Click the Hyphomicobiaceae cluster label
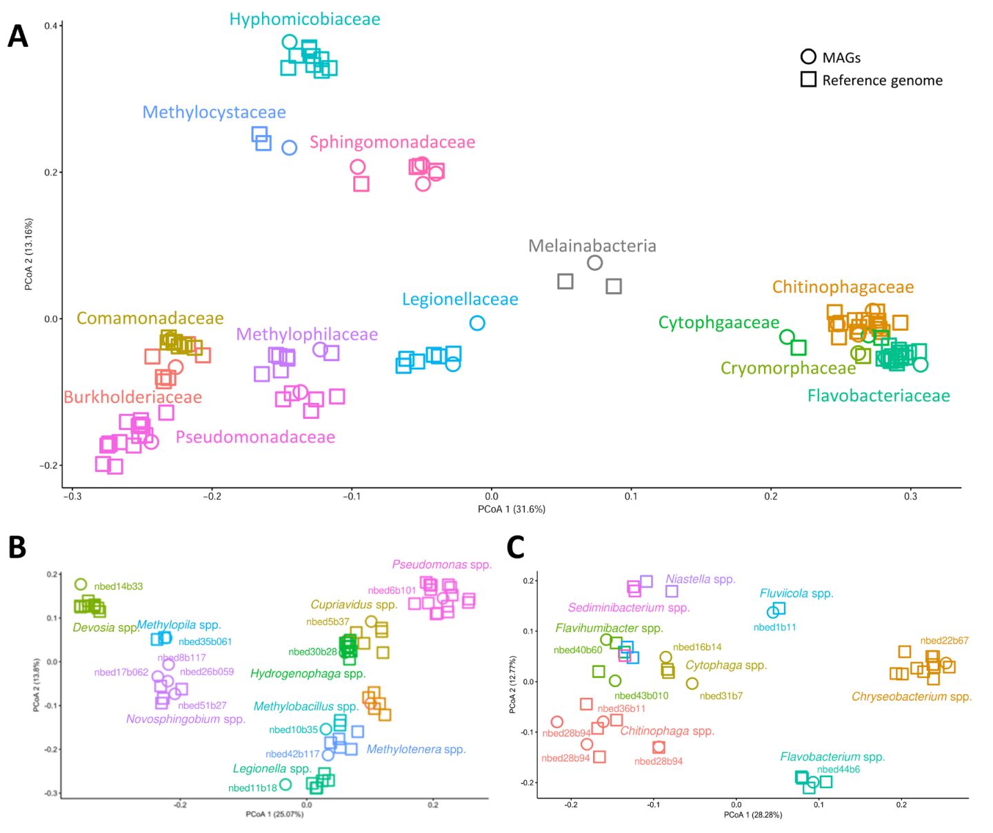(x=305, y=19)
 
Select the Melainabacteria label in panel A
(x=592, y=246)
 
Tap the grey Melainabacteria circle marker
(x=594, y=263)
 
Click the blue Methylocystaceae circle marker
(x=290, y=147)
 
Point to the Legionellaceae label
(x=460, y=299)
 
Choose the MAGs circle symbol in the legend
(x=808, y=56)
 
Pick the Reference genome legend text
(x=882, y=80)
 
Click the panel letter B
(x=17, y=546)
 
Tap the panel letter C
(x=515, y=546)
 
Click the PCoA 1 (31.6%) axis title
(x=512, y=509)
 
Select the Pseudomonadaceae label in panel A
(x=255, y=437)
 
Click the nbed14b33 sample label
(x=119, y=586)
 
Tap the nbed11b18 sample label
(x=252, y=788)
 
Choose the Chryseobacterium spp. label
(x=911, y=697)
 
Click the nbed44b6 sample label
(x=839, y=770)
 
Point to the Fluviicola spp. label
(x=796, y=593)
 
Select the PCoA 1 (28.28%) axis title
(x=753, y=814)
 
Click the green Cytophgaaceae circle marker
(x=787, y=337)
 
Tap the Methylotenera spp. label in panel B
(x=416, y=749)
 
